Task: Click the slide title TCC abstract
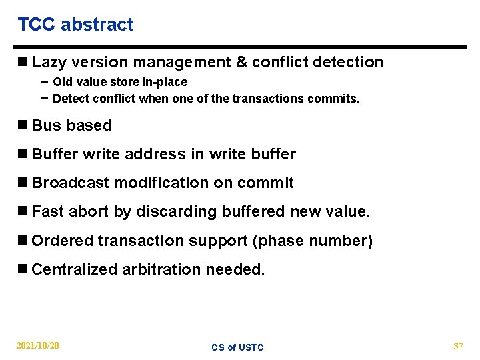tap(75, 25)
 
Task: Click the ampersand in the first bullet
tap(241, 63)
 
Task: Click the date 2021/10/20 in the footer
tap(38, 345)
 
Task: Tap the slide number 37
tap(458, 345)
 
